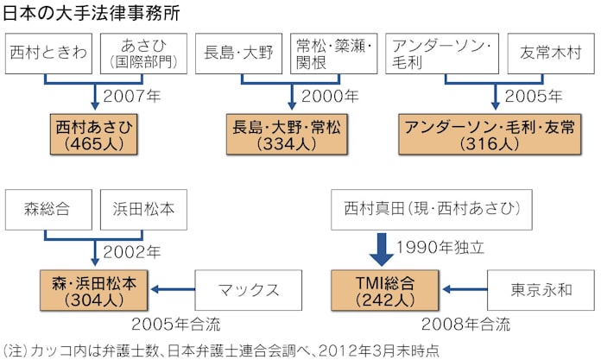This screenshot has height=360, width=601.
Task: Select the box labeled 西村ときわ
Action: (x=48, y=52)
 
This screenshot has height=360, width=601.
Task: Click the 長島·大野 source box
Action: (x=238, y=52)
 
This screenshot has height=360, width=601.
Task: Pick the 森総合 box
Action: (x=48, y=209)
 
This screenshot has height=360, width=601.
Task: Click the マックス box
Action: (x=246, y=289)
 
